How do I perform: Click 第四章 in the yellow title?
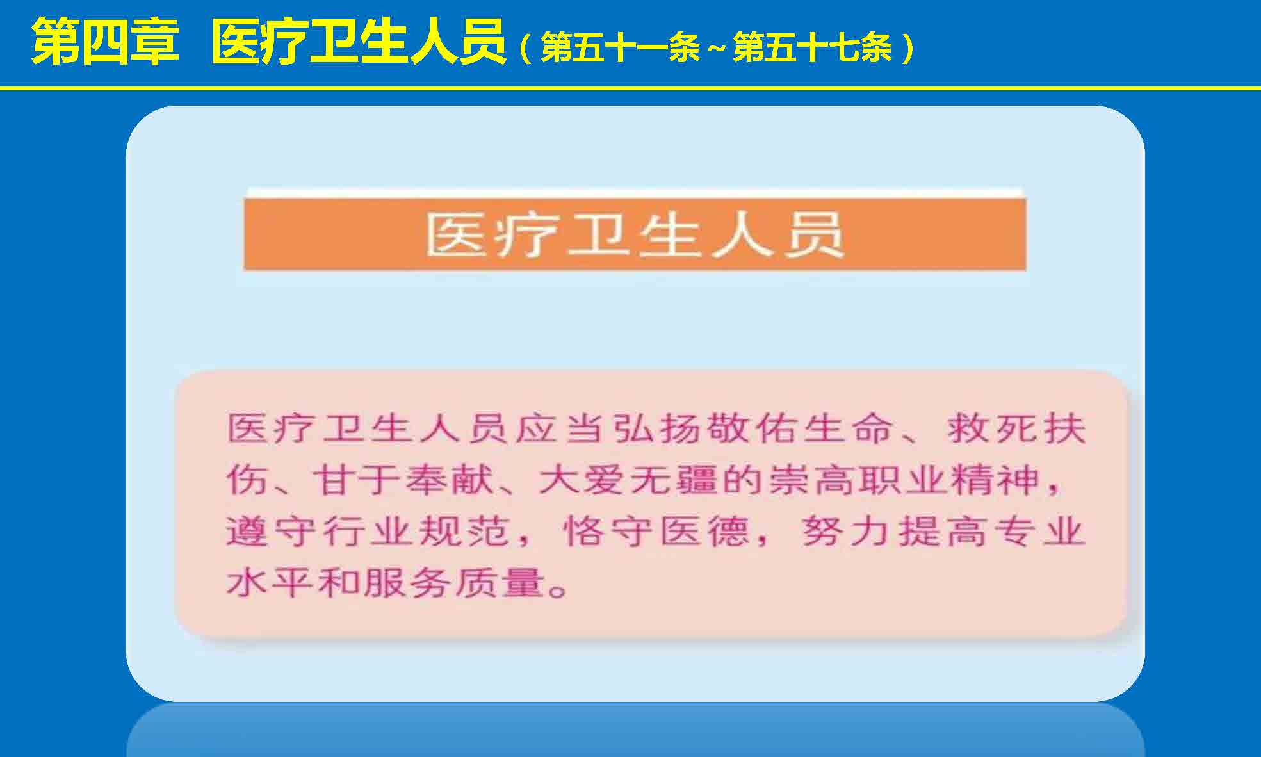pyautogui.click(x=105, y=42)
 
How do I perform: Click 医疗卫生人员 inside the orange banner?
pyautogui.click(x=635, y=234)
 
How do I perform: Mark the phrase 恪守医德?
pyautogui.click(x=656, y=532)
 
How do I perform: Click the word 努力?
pyautogui.click(x=847, y=532)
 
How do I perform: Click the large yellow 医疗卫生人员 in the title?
pyautogui.click(x=359, y=42)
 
